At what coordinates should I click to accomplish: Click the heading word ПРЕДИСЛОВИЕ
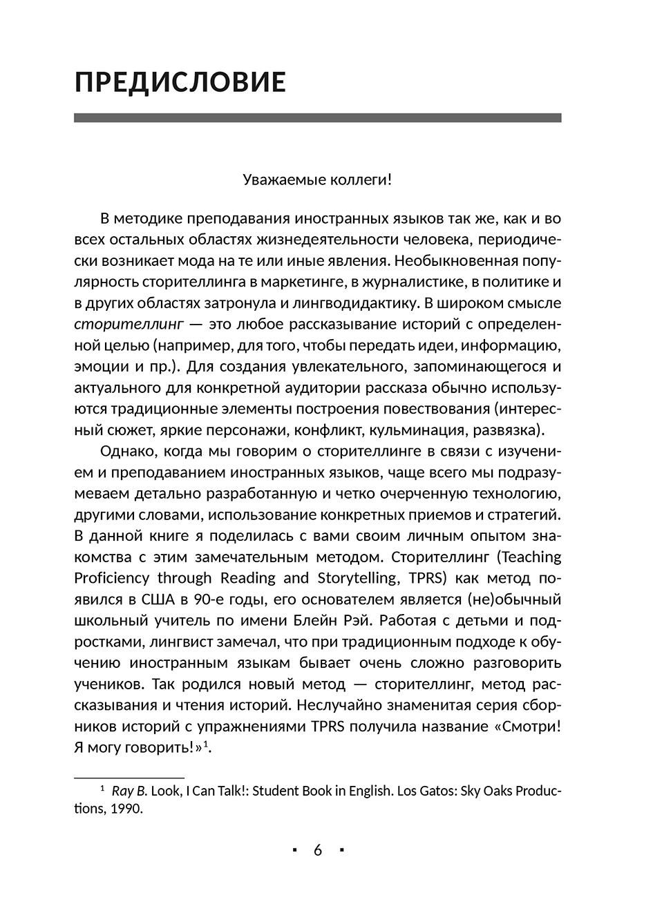pyautogui.click(x=180, y=81)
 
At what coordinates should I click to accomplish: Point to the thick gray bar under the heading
pyautogui.click(x=317, y=118)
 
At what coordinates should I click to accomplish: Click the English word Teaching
pyautogui.click(x=530, y=557)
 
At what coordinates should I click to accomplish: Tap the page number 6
pyautogui.click(x=318, y=850)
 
